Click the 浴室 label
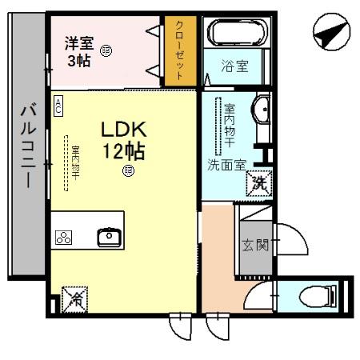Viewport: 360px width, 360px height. click(x=234, y=67)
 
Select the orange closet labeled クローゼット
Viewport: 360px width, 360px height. click(x=180, y=50)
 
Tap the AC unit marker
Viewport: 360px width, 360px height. click(x=58, y=106)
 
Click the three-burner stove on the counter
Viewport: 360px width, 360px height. click(x=64, y=237)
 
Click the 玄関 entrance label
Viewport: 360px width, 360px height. click(x=251, y=245)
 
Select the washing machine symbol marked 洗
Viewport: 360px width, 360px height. click(x=259, y=182)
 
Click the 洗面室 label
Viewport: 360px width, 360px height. click(x=226, y=166)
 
